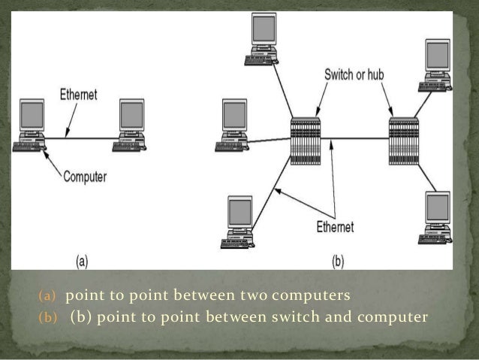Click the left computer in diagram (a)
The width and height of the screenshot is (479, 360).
pos(32,124)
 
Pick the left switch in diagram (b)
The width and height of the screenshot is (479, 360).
pos(305,141)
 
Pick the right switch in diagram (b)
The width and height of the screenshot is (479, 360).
pos(403,141)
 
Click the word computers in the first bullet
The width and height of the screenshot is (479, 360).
pos(315,292)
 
